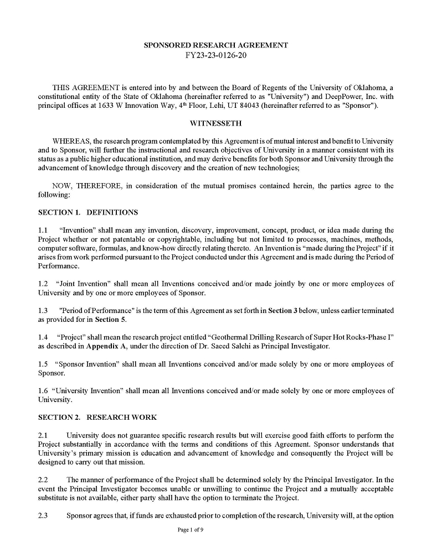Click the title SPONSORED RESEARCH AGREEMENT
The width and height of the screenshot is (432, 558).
click(215, 45)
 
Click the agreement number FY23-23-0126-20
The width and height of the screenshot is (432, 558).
click(215, 56)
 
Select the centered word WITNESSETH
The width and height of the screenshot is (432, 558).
click(215, 123)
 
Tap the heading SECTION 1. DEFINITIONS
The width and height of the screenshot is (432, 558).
click(88, 212)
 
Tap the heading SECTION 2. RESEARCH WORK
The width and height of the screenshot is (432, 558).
click(97, 418)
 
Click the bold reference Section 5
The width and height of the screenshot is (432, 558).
click(106, 320)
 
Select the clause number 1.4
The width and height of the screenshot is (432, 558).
click(43, 337)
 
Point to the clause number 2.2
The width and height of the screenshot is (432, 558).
click(43, 480)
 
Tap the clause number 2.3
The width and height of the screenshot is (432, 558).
click(43, 515)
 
